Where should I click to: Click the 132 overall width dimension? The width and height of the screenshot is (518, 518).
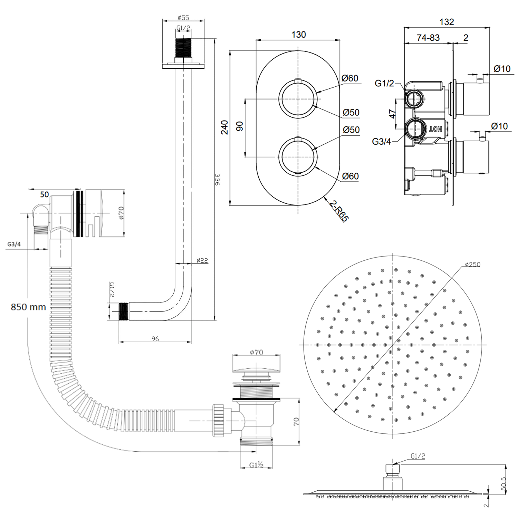446,22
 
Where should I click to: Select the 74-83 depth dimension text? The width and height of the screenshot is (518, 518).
428,37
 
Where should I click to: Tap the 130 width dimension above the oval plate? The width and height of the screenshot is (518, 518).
298,35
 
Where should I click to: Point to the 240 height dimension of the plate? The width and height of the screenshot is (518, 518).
224,127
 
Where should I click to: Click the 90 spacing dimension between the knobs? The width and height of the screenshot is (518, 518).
240,126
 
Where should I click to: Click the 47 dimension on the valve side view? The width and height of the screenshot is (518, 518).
392,114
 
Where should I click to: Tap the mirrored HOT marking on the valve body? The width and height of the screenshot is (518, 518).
435,129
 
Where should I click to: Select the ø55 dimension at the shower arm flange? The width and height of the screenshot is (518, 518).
183,18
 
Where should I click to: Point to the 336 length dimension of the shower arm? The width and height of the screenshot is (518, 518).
217,179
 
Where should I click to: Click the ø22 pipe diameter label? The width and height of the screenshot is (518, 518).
202,260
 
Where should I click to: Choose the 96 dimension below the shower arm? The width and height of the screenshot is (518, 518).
155,339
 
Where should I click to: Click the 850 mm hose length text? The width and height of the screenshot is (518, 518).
28,307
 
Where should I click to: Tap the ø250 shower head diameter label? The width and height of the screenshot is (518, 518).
472,265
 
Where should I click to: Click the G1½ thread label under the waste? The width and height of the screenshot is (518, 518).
256,465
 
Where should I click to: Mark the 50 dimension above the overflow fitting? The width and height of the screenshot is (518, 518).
44,194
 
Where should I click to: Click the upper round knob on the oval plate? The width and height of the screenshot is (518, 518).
298,99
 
